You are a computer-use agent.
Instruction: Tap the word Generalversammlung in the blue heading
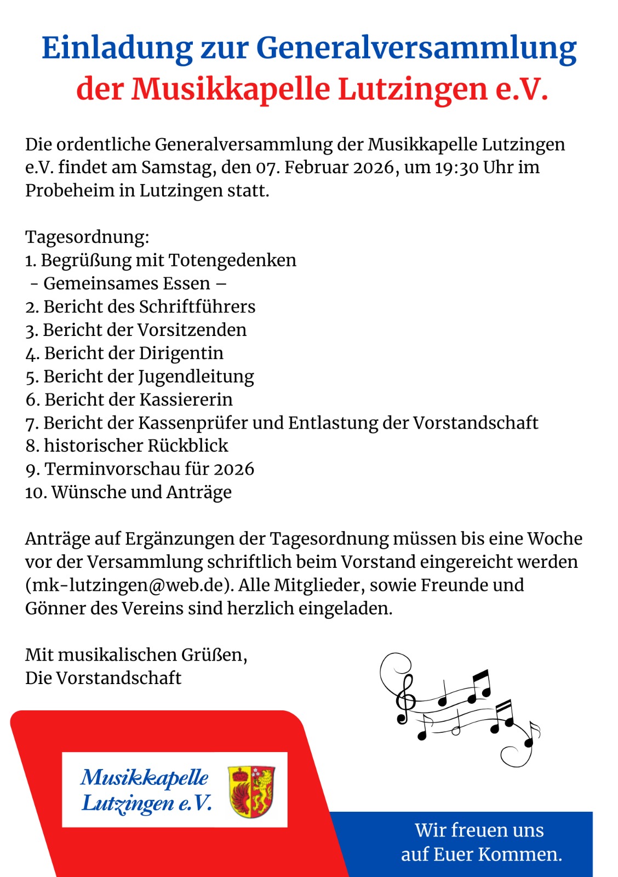click(416, 48)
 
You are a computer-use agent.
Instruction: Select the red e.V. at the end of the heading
click(521, 89)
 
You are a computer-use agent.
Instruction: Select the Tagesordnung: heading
click(87, 237)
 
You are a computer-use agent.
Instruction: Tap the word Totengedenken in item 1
click(232, 260)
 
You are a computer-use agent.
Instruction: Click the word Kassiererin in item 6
click(186, 400)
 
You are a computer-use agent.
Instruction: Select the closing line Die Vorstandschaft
click(103, 678)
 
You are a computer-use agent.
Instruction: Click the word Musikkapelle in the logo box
click(145, 777)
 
